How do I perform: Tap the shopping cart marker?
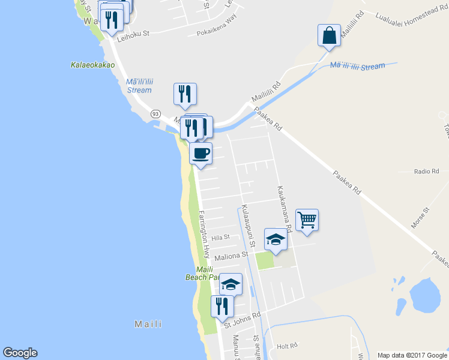[307, 220]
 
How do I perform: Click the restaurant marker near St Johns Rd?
[222, 306]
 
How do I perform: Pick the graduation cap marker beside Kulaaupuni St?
[276, 240]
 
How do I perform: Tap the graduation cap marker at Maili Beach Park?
[231, 284]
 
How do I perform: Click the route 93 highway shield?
[155, 113]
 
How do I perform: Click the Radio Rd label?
[427, 172]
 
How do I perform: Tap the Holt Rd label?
[287, 346]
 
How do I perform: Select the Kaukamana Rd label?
[283, 208]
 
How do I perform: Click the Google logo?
[20, 353]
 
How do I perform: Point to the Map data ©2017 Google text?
[412, 355]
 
